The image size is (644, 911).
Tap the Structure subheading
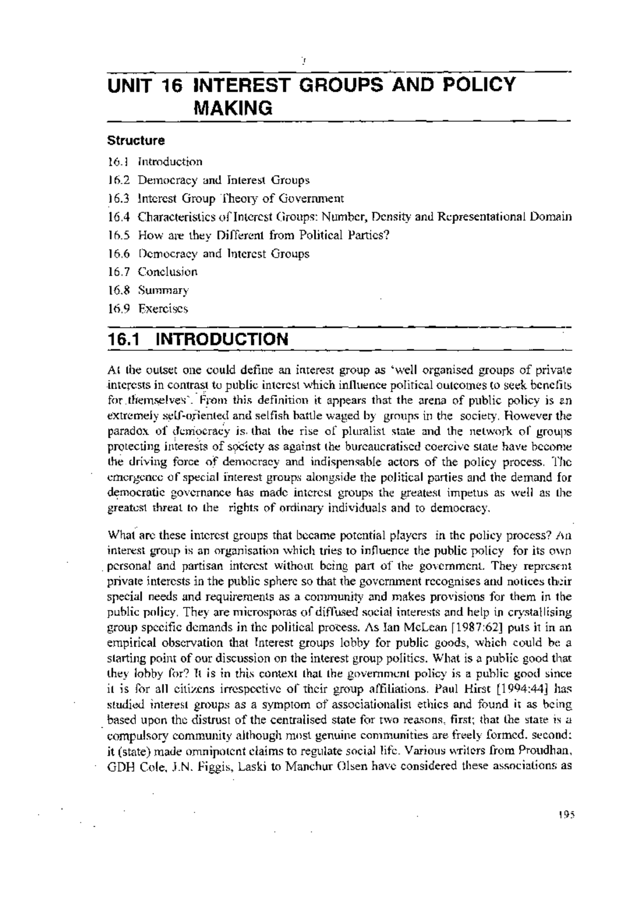[x=136, y=141]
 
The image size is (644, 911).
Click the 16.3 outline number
[x=119, y=199]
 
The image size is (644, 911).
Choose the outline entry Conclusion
[x=167, y=271]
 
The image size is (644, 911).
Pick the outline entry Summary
[x=163, y=290]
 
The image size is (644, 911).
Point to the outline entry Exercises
[x=163, y=308]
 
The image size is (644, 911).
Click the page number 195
[x=566, y=828]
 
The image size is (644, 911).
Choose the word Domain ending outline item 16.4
[x=552, y=217]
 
